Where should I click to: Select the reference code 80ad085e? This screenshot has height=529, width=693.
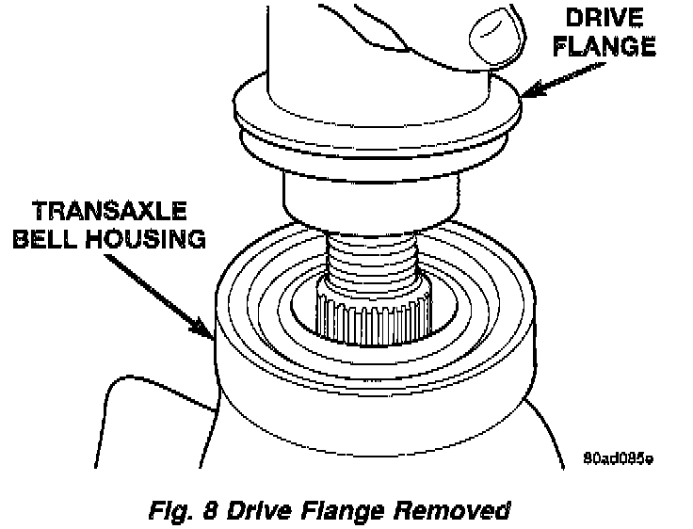pos(617,458)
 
